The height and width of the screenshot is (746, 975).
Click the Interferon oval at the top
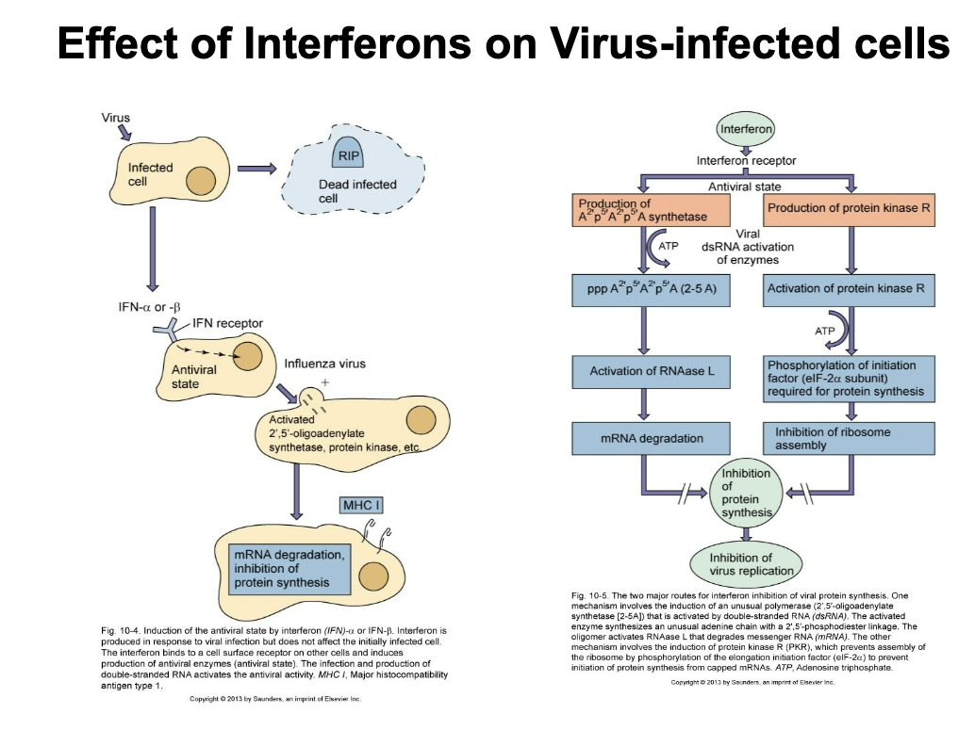click(x=746, y=129)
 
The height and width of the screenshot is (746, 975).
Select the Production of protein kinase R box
click(x=849, y=209)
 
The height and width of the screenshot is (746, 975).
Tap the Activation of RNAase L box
click(x=652, y=371)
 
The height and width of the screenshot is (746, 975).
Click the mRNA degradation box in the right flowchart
click(x=652, y=439)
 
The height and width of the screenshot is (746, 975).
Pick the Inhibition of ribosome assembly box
click(x=849, y=439)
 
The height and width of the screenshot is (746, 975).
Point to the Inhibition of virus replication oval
click(x=746, y=564)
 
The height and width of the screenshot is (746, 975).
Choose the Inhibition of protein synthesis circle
click(x=746, y=493)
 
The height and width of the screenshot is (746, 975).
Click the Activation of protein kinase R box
click(x=849, y=289)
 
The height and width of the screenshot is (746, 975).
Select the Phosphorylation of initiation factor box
click(x=849, y=378)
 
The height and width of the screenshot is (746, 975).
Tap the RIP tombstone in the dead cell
click(x=350, y=154)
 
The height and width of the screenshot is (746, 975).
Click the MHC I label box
click(x=362, y=506)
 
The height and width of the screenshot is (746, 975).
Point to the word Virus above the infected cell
click(x=116, y=118)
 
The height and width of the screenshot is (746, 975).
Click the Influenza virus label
click(x=324, y=364)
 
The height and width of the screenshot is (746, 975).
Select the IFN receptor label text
click(x=227, y=323)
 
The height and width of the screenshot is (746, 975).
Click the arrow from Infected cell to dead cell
click(x=256, y=170)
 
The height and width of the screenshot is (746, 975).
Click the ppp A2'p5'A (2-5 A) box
click(x=652, y=289)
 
